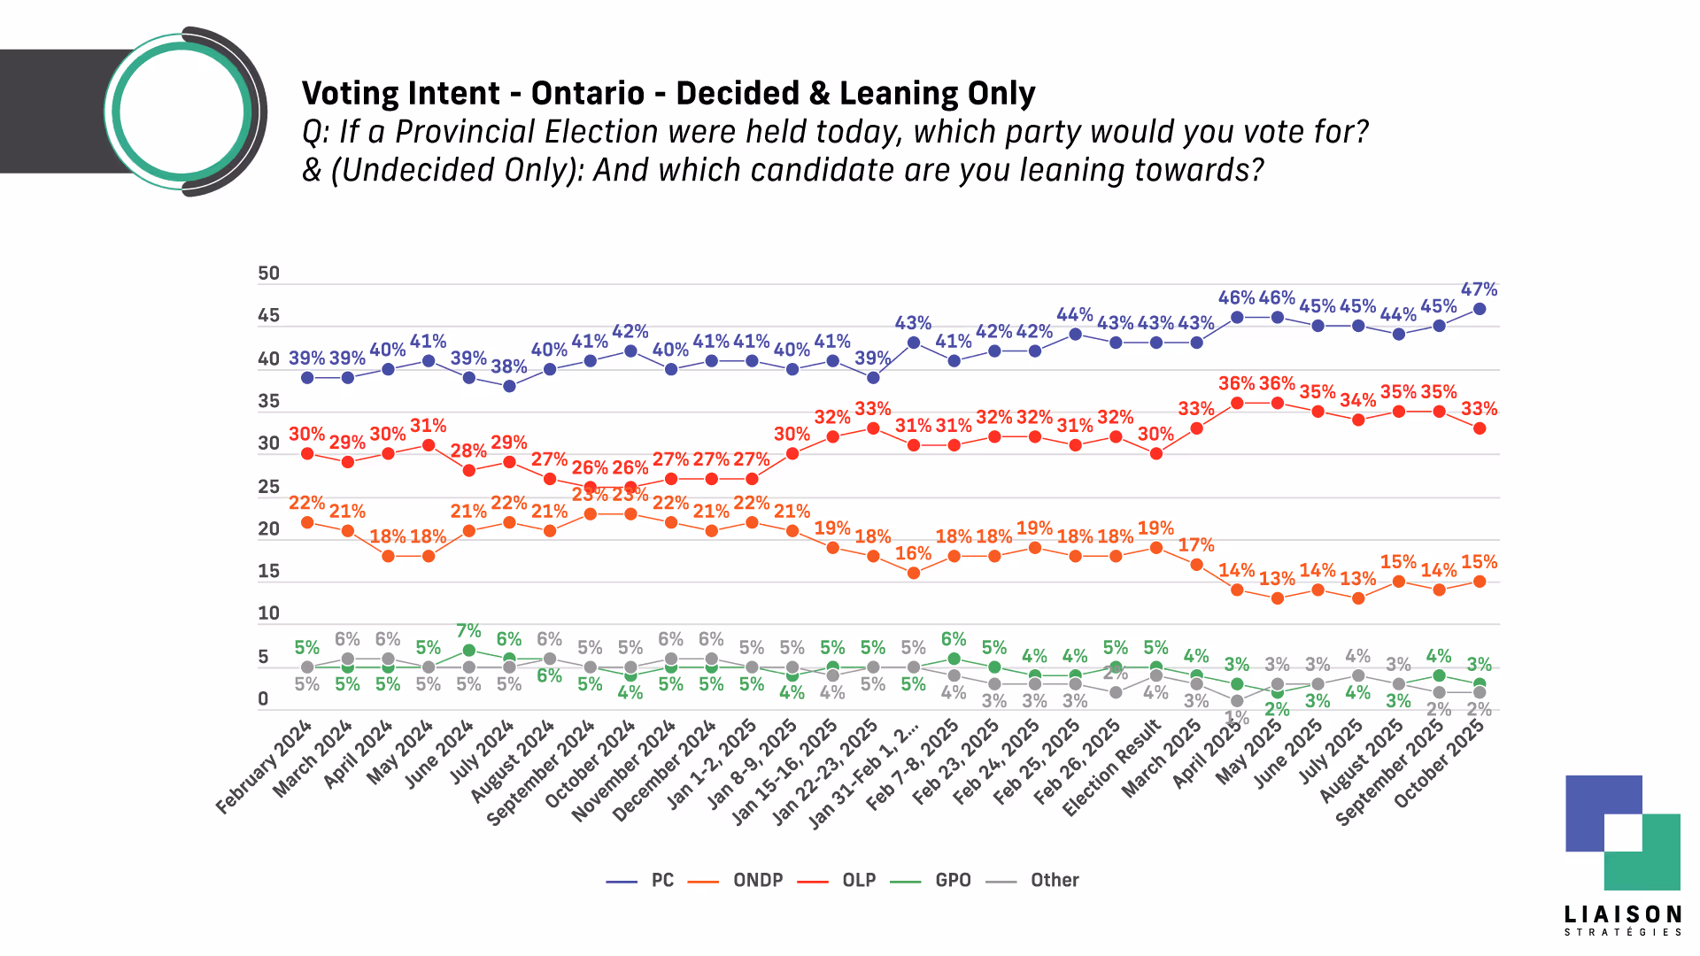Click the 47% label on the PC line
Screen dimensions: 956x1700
1479,289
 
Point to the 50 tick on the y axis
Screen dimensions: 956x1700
268,274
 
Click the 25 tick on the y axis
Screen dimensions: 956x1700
268,487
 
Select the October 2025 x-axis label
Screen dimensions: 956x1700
1439,764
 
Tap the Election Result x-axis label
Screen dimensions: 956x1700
1112,767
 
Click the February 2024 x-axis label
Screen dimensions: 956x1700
264,767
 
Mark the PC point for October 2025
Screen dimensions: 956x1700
1479,309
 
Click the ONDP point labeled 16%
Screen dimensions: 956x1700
913,573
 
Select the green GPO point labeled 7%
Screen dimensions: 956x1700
468,650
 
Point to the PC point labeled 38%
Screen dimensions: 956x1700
509,386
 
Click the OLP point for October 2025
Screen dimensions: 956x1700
1479,428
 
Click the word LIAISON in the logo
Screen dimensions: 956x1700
1622,914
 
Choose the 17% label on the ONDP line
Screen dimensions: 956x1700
1196,545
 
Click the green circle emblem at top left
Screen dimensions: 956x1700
182,112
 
